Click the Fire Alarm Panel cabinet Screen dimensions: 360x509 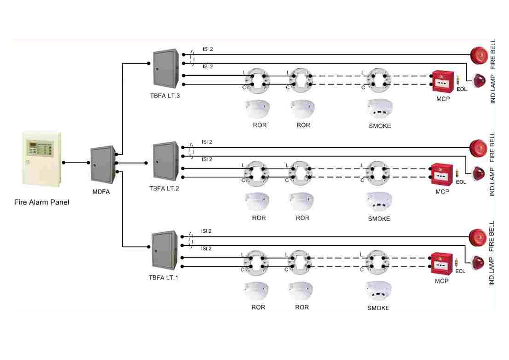click(x=41, y=159)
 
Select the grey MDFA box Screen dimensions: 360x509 click(x=102, y=164)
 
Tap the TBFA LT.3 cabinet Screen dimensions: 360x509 click(x=165, y=68)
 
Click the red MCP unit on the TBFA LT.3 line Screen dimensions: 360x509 click(x=443, y=81)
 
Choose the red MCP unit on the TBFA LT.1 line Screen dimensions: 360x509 click(x=442, y=264)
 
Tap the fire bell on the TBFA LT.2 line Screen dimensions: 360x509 click(x=478, y=148)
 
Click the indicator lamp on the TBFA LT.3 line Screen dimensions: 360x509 click(x=479, y=81)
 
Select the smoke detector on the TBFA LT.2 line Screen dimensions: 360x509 click(x=379, y=201)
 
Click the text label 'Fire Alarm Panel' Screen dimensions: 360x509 click(x=42, y=202)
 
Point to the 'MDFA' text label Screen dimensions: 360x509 click(x=101, y=192)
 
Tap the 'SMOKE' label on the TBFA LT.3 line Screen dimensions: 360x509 click(x=380, y=126)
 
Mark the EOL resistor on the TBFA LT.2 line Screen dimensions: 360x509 click(x=457, y=173)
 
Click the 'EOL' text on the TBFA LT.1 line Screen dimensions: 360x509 click(x=460, y=272)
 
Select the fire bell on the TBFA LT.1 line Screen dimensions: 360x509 click(x=478, y=237)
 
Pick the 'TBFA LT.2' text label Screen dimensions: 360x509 click(x=164, y=188)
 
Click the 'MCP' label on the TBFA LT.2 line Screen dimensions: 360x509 click(x=442, y=192)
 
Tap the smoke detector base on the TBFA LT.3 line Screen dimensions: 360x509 click(x=379, y=80)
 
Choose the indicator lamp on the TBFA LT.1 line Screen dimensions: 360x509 click(x=478, y=263)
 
